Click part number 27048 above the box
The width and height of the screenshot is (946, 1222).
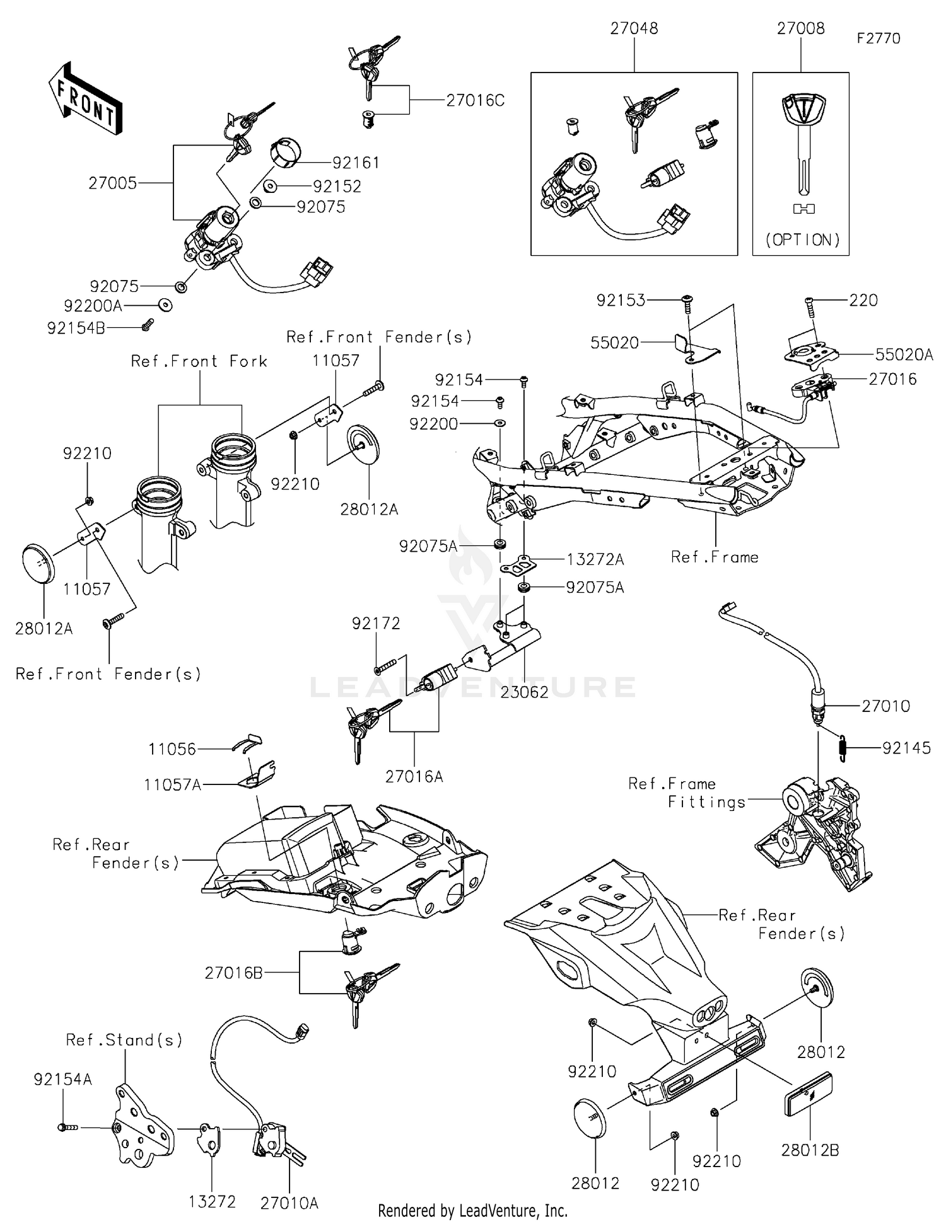click(x=634, y=28)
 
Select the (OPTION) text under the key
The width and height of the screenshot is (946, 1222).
click(x=802, y=240)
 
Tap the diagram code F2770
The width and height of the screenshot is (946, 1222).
click(x=878, y=38)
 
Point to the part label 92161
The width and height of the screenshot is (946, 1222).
click(x=356, y=163)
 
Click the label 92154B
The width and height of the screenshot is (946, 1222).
click(x=76, y=329)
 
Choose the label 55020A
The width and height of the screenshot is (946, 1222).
click(x=904, y=355)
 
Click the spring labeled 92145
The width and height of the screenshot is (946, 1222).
click(x=843, y=748)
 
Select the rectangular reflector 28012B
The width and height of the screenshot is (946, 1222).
click(x=807, y=1095)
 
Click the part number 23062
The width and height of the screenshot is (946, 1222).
click(x=524, y=692)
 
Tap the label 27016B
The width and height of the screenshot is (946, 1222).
click(x=233, y=973)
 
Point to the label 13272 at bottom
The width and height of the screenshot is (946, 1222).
click(x=212, y=1202)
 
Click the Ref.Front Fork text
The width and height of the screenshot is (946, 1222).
click(x=199, y=361)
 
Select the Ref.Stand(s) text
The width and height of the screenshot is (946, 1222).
click(x=124, y=1040)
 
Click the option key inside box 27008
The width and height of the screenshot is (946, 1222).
click(x=803, y=145)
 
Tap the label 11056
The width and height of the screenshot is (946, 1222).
click(x=172, y=749)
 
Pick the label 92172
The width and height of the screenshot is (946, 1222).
click(x=376, y=624)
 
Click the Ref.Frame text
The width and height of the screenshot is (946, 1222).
click(x=715, y=557)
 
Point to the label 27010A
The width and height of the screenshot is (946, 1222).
click(x=289, y=1203)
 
